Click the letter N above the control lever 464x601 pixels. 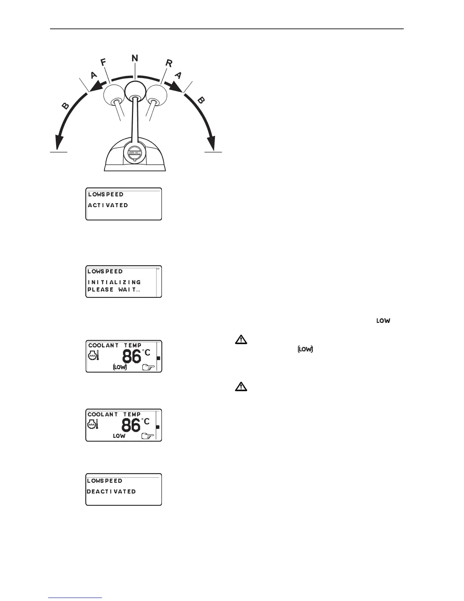click(x=135, y=58)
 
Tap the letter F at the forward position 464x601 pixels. click(x=103, y=63)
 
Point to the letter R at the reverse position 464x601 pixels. click(x=168, y=63)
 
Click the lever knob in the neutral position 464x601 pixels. click(x=135, y=90)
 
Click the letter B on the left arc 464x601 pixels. click(x=66, y=105)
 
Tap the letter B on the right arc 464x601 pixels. click(x=202, y=100)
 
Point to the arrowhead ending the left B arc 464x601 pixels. click(x=58, y=144)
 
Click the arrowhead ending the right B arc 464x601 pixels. click(x=213, y=144)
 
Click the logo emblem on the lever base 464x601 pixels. click(x=135, y=152)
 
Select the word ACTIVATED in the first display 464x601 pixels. click(x=108, y=205)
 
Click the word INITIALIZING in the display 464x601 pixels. click(x=114, y=282)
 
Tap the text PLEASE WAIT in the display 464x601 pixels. click(x=113, y=289)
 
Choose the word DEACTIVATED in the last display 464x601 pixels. click(x=111, y=491)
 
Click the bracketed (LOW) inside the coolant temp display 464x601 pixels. click(x=120, y=367)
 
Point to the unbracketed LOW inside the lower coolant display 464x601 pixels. click(x=119, y=436)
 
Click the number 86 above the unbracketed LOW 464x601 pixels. click(x=131, y=425)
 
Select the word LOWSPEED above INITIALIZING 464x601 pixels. click(x=105, y=271)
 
